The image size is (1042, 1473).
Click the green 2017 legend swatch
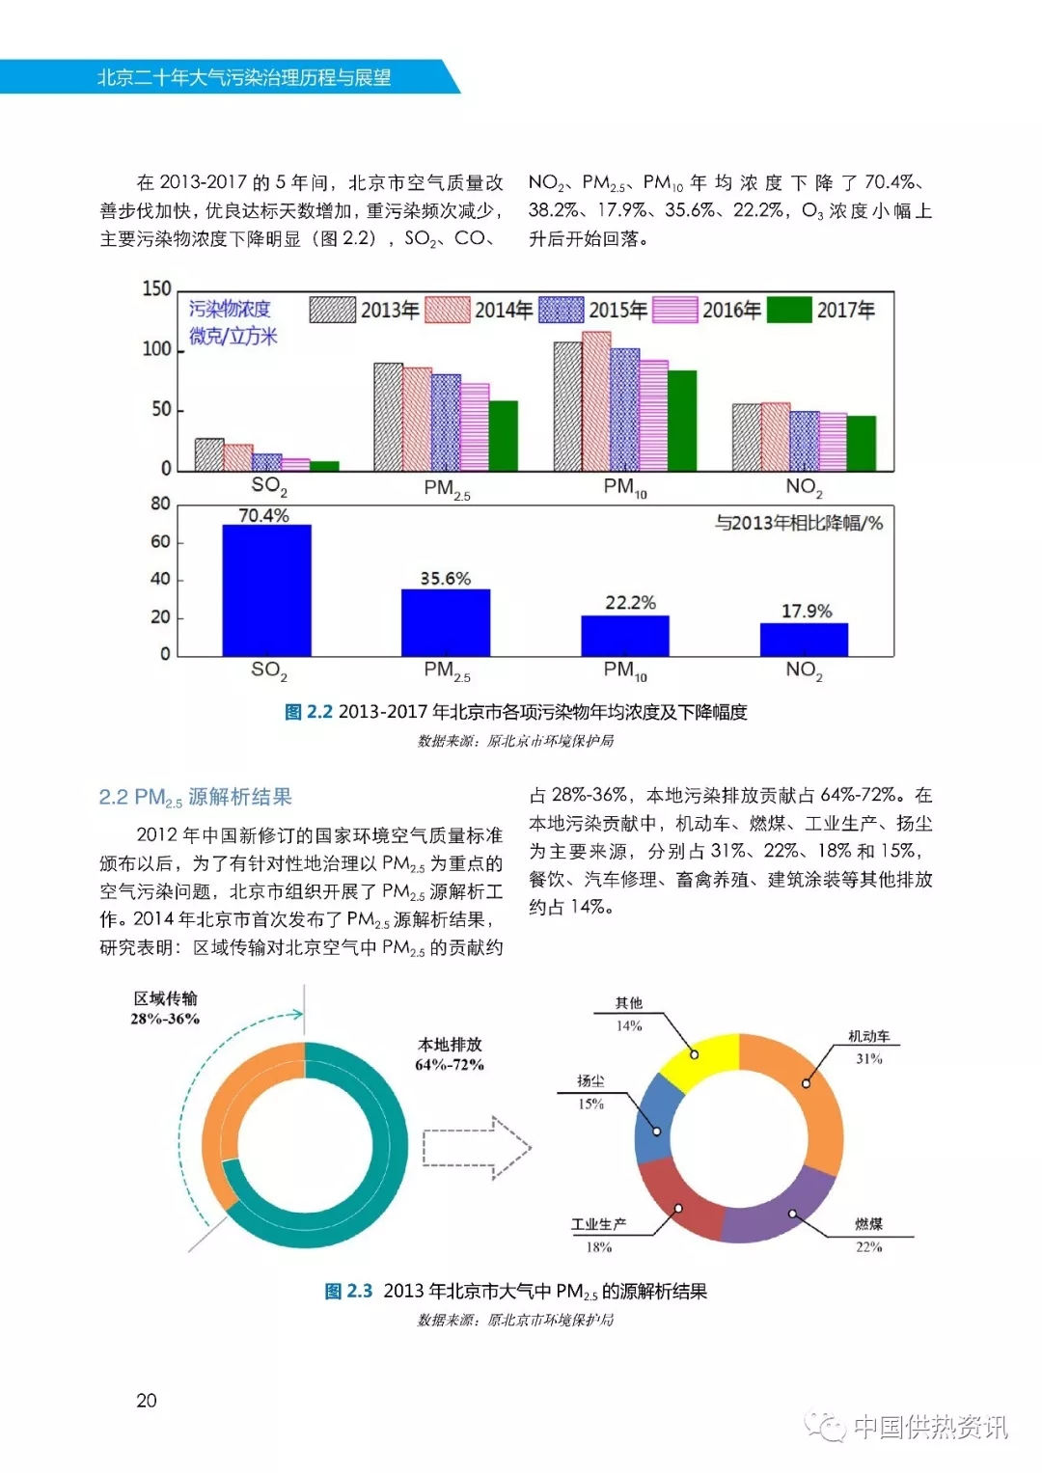click(788, 310)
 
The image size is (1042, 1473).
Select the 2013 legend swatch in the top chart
click(332, 310)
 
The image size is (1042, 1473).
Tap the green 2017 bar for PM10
click(681, 421)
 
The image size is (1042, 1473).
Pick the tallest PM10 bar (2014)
click(596, 401)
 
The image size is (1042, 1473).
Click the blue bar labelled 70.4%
click(266, 590)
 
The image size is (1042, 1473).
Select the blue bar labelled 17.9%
click(804, 640)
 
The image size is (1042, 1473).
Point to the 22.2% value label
click(630, 603)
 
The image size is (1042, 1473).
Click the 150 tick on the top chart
click(156, 288)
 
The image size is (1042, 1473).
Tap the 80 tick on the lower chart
click(159, 504)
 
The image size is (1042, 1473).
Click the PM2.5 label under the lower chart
click(447, 670)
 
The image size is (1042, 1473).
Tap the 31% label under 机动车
click(868, 1058)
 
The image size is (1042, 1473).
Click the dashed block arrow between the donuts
click(477, 1147)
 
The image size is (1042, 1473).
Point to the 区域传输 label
click(165, 998)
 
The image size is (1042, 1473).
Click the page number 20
click(147, 1401)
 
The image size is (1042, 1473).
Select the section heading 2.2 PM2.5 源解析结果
click(195, 797)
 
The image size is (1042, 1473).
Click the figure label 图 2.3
click(348, 1291)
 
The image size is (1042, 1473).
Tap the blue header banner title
click(244, 77)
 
